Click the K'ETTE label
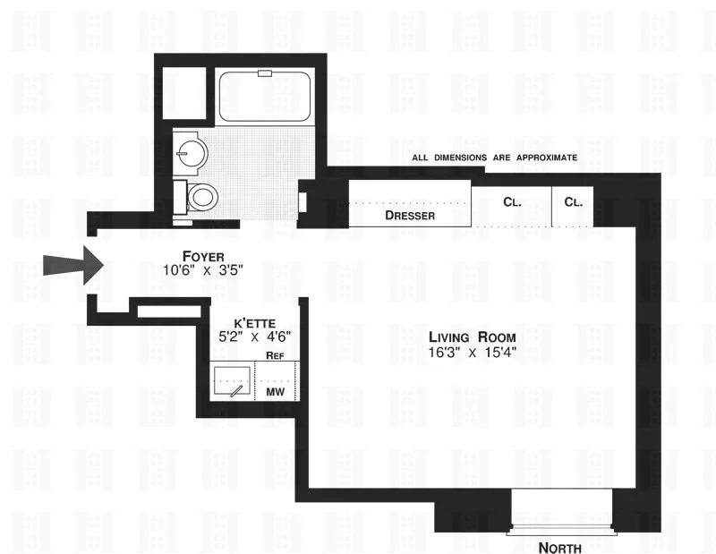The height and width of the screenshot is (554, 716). [x=254, y=322]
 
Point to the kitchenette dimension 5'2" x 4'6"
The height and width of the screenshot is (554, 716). [x=254, y=337]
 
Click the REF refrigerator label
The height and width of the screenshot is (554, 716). [x=275, y=356]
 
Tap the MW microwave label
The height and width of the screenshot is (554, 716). [x=274, y=391]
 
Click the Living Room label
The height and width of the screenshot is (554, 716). [x=472, y=337]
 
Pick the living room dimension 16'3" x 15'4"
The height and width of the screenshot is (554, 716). [x=472, y=353]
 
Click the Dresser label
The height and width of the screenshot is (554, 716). [x=410, y=216]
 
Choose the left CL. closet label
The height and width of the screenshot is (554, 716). [x=512, y=202]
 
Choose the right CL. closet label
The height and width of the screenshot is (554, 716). [x=574, y=202]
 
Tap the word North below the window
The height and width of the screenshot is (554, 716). [x=560, y=548]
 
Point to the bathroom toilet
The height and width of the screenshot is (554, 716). [x=200, y=194]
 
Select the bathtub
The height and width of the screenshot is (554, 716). [x=265, y=98]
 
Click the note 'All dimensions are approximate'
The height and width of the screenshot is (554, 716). [x=495, y=158]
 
